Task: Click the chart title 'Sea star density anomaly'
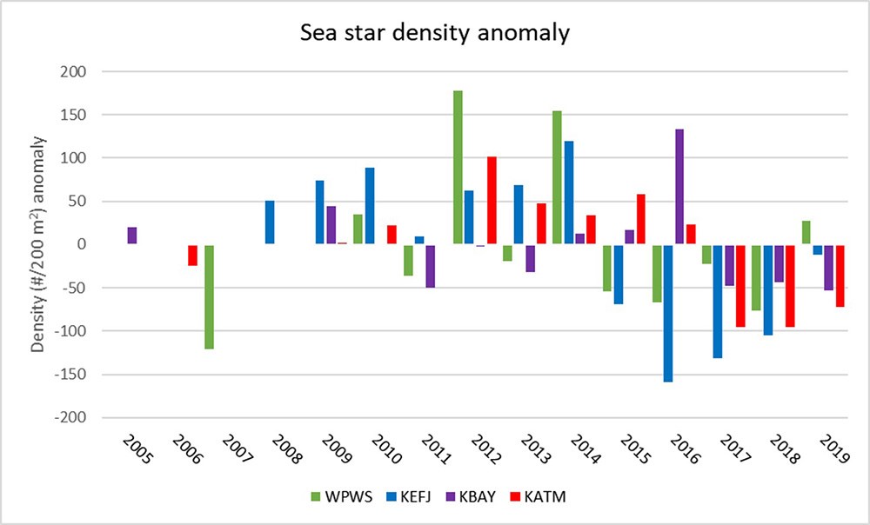tap(434, 35)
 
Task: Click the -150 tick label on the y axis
tap(70, 375)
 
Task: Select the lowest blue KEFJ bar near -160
tap(668, 313)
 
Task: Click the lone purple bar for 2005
tap(132, 236)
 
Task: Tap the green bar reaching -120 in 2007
tap(210, 296)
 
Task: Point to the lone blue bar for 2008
tap(270, 223)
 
